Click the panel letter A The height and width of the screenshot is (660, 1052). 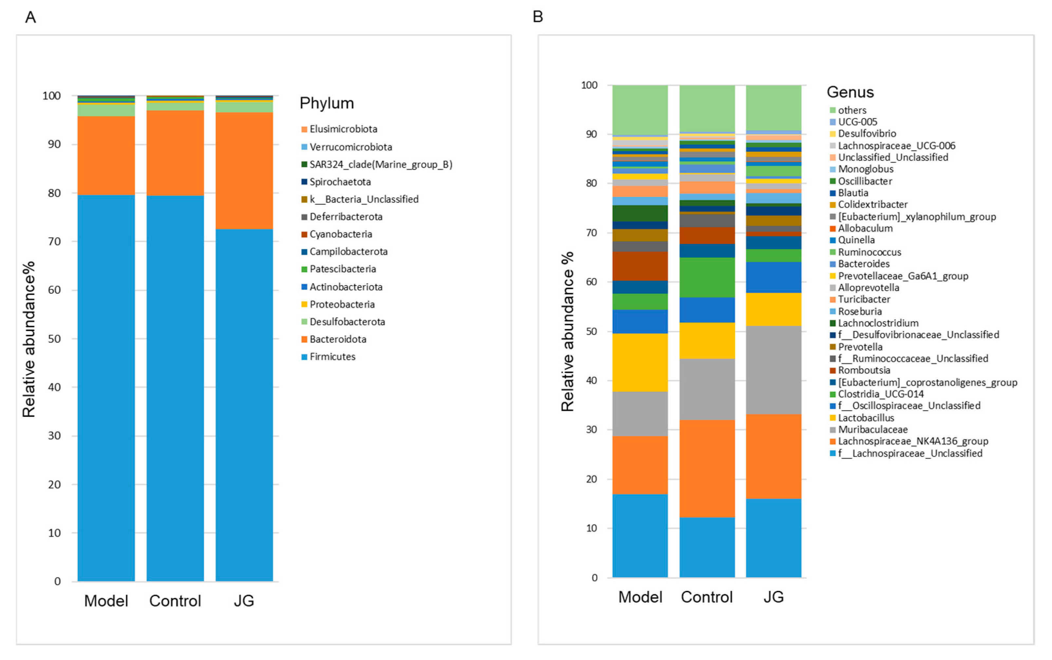(30, 17)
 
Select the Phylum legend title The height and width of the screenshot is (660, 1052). (326, 103)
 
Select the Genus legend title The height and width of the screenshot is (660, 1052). (850, 92)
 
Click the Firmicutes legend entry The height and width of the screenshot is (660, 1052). (332, 357)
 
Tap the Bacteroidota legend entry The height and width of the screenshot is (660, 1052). (338, 339)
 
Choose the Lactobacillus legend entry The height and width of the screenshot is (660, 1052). (866, 418)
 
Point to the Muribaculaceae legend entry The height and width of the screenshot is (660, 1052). (872, 430)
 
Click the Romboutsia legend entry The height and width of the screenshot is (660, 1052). (863, 370)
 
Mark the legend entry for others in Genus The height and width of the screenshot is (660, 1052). (852, 110)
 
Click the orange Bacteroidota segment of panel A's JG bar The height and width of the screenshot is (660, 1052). (244, 170)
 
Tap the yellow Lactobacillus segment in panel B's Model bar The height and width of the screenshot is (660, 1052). (640, 362)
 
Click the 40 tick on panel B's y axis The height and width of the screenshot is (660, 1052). (591, 380)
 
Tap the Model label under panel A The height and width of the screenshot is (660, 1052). (106, 601)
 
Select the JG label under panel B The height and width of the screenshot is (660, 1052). (773, 597)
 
